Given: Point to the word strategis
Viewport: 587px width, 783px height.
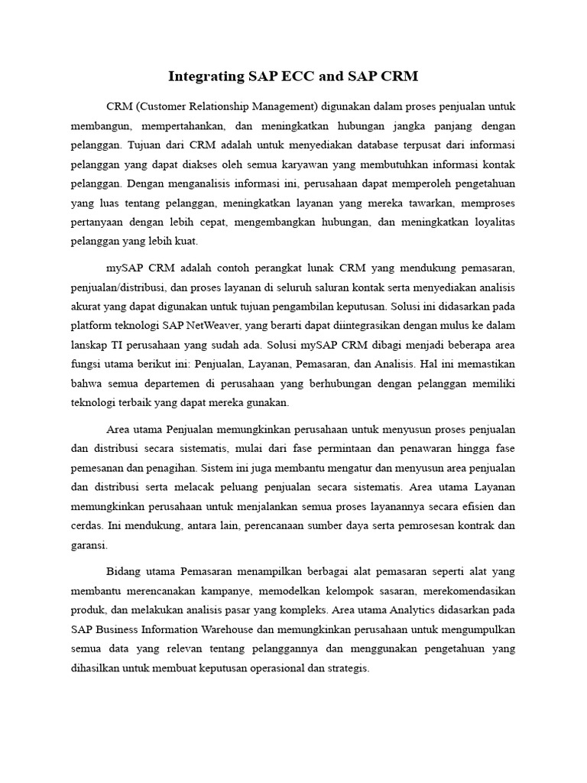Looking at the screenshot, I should click(346, 668).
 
